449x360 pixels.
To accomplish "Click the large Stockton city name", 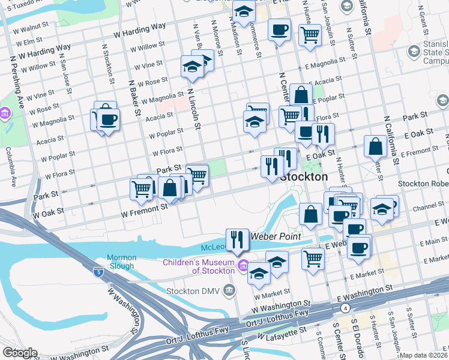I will click(304, 177).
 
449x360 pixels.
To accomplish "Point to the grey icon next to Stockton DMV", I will click(229, 291).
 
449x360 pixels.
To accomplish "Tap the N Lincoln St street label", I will click(192, 108).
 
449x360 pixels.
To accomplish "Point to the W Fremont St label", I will click(145, 209).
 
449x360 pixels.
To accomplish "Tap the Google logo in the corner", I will click(19, 353).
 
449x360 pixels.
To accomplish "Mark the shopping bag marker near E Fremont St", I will click(375, 146).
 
